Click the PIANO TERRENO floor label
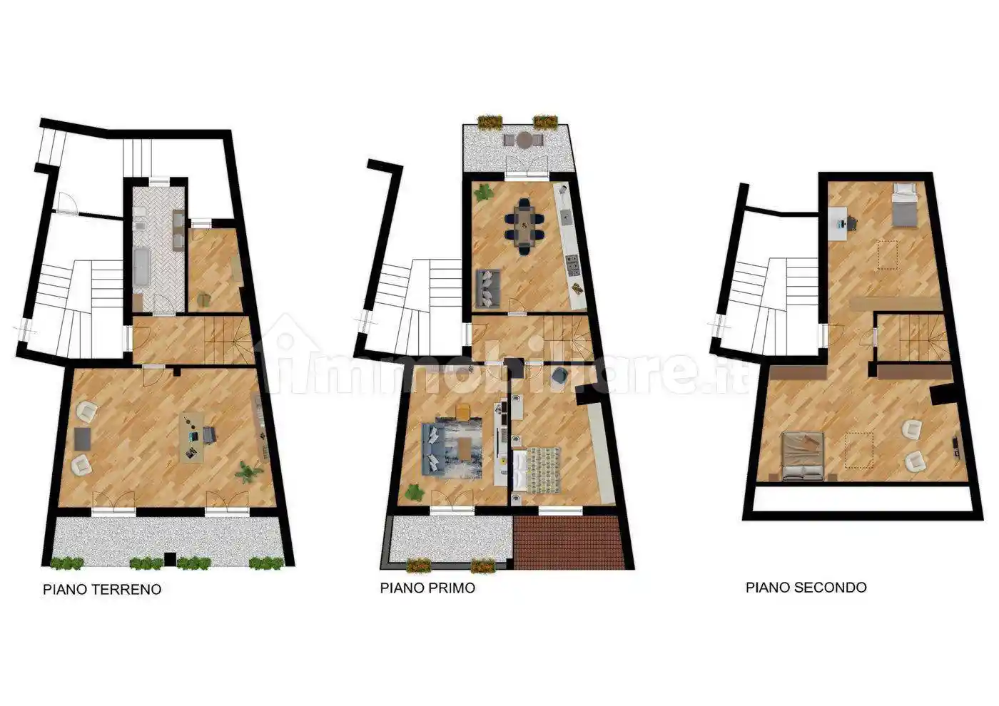[102, 589]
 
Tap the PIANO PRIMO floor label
[427, 588]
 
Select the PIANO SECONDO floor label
[806, 588]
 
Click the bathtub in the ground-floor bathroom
[142, 267]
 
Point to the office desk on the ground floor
[192, 437]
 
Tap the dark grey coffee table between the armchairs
[83, 439]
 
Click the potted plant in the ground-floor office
[247, 472]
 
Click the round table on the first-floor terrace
[524, 140]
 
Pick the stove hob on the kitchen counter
[572, 265]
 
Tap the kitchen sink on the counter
[567, 217]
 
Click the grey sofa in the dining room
[488, 289]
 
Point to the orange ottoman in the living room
[463, 411]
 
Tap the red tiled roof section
[568, 542]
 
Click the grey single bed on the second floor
[903, 205]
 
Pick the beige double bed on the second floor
[803, 456]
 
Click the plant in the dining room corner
[484, 193]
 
